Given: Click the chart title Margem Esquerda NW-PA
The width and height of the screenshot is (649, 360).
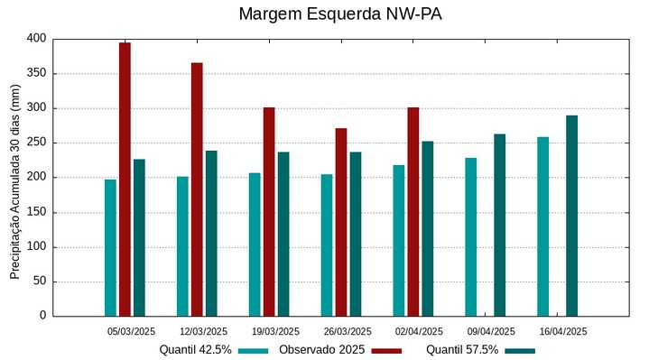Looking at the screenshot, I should click(x=340, y=14).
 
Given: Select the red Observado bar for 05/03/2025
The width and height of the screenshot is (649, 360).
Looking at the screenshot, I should click(x=125, y=179).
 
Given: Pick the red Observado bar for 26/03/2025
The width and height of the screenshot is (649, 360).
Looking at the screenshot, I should click(x=341, y=222).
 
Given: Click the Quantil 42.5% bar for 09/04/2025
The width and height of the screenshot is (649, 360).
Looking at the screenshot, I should click(x=470, y=236).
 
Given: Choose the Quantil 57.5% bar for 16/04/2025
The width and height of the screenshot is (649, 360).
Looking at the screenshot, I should click(x=571, y=216).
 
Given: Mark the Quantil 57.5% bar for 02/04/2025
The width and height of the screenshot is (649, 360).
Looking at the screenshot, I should click(x=428, y=228).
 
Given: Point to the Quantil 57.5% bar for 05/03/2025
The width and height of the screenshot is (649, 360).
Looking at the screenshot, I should click(x=139, y=237).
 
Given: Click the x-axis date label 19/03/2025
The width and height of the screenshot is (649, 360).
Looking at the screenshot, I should click(x=275, y=331).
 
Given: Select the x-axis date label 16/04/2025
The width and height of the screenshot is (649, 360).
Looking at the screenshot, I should click(x=563, y=331).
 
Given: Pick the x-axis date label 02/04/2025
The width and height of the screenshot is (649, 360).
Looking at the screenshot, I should click(x=419, y=331).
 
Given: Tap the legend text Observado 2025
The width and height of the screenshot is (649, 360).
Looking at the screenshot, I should click(x=321, y=350).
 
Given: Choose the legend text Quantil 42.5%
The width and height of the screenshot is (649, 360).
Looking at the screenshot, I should click(x=195, y=350).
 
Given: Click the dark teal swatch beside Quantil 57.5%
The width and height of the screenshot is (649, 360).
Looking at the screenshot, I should click(x=520, y=350).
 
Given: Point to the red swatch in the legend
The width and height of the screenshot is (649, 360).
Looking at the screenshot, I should click(x=386, y=350).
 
